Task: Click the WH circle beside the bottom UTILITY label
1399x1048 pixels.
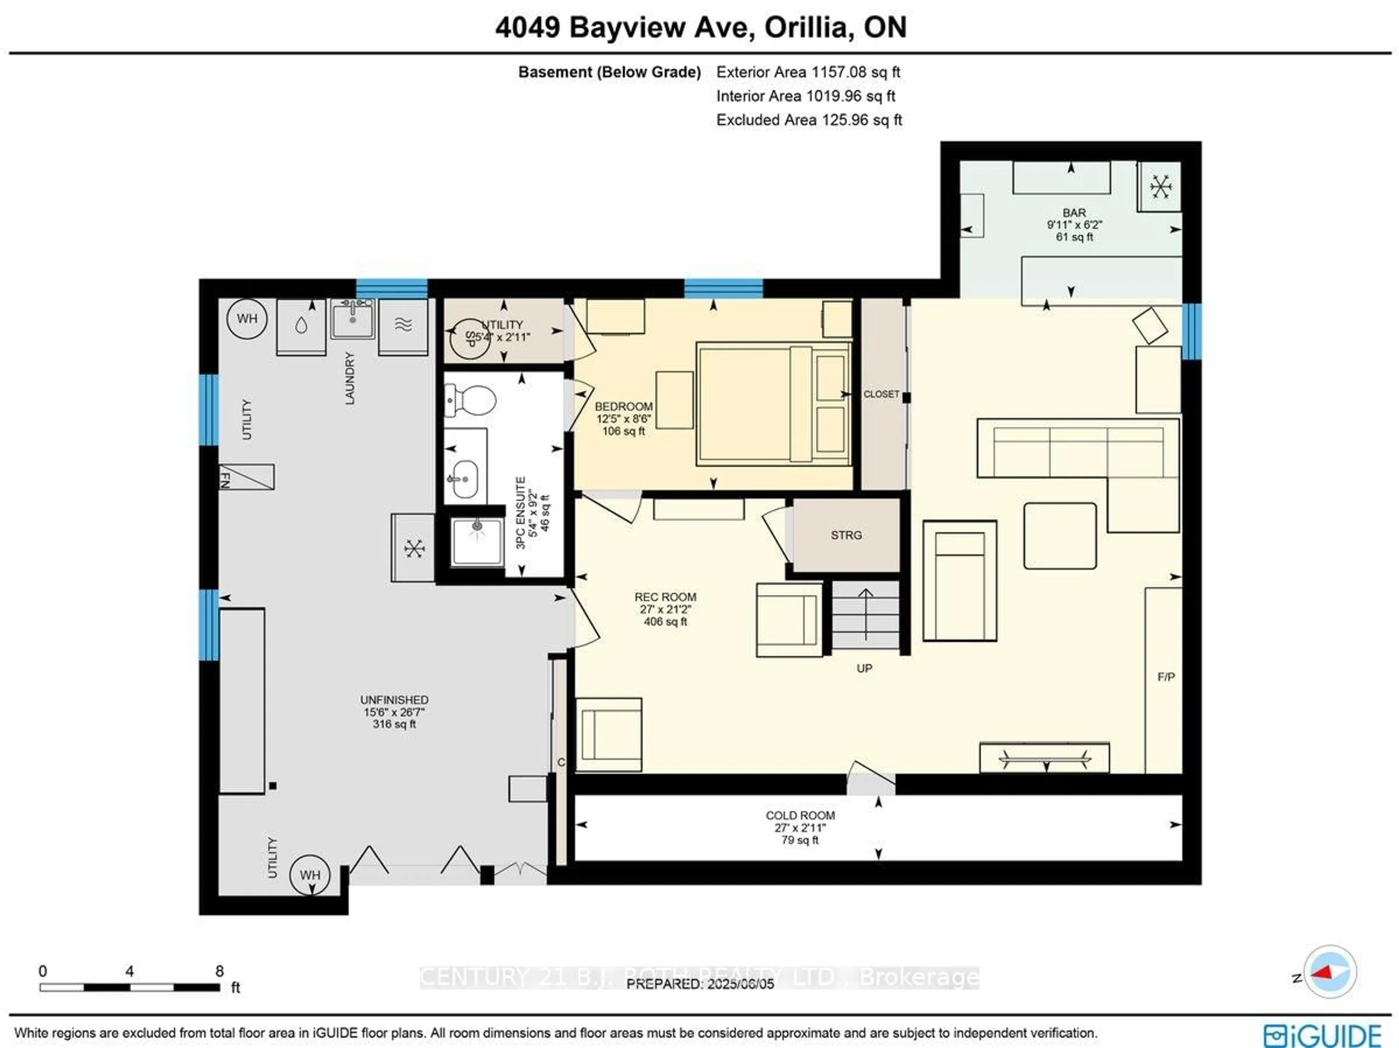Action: [x=309, y=874]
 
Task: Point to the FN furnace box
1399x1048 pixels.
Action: [x=247, y=477]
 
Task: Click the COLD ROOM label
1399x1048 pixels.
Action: [x=800, y=816]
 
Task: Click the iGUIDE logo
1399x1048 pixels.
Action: [x=1322, y=1035]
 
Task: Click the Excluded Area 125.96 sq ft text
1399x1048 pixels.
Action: [x=809, y=120]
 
